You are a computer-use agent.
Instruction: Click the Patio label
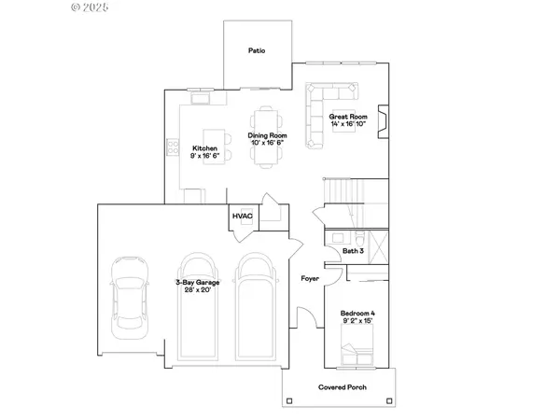258,50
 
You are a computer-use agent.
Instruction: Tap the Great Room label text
347,117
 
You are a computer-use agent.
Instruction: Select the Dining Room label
267,136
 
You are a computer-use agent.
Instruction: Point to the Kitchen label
204,149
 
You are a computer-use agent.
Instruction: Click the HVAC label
243,216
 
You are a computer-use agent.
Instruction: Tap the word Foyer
310,278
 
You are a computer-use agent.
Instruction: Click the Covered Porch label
340,385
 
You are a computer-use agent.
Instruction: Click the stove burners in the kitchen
173,147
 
